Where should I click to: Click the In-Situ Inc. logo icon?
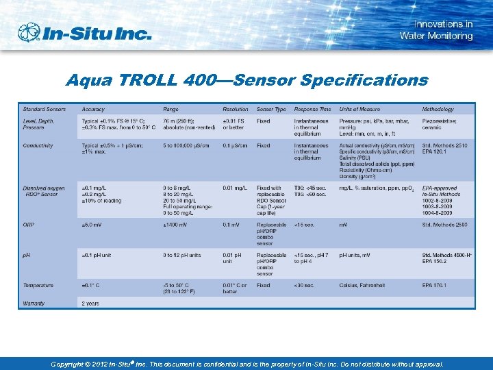(29, 33)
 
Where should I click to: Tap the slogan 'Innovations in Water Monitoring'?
(436, 30)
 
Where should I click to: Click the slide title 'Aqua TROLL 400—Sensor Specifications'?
(246, 81)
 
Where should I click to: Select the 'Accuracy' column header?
(93, 109)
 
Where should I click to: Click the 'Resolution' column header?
(235, 109)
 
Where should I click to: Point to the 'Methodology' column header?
(438, 109)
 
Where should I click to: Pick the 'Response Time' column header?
(312, 109)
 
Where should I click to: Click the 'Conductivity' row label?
(38, 145)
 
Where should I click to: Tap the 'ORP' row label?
(28, 225)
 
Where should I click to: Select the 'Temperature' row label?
(38, 285)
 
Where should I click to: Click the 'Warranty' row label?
(34, 303)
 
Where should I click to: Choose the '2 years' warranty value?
(91, 303)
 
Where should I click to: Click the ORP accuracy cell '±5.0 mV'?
(93, 225)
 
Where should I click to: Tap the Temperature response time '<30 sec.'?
(305, 285)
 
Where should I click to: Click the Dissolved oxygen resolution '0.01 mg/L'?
(235, 188)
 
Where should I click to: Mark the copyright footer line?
(246, 365)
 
